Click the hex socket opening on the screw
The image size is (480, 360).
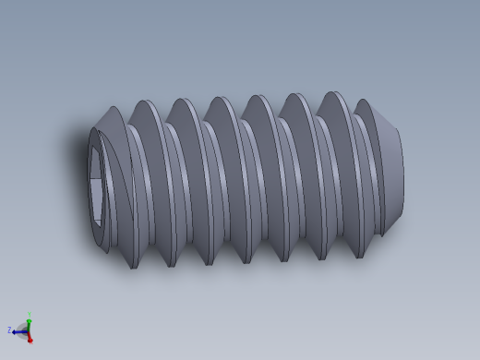[x=96, y=185]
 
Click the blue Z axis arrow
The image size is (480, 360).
[x=18, y=330]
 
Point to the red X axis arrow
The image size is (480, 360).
[x=30, y=338]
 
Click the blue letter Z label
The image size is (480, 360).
[x=9, y=330]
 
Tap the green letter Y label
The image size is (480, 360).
[x=29, y=313]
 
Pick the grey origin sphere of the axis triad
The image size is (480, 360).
[x=28, y=330]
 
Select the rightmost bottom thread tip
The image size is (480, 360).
[x=358, y=257]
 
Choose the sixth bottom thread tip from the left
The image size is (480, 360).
[x=321, y=258]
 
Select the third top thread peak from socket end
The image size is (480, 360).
[x=183, y=100]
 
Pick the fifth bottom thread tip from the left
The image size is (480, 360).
[x=283, y=261]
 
